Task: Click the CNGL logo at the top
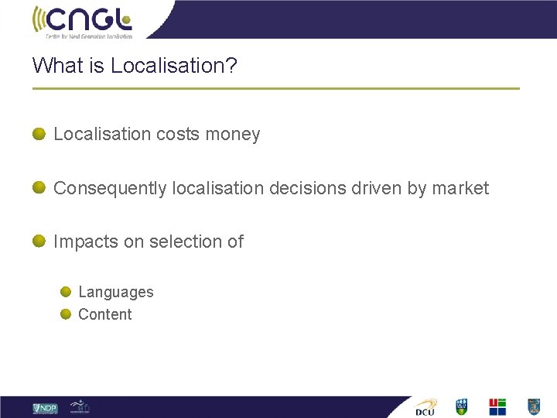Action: tap(82, 21)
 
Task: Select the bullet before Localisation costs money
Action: tap(39, 133)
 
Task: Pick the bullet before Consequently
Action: tap(39, 187)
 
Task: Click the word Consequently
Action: tap(110, 189)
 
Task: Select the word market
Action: tap(460, 188)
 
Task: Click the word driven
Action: tap(374, 188)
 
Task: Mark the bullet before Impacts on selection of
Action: tap(39, 241)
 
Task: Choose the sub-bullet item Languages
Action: tap(116, 293)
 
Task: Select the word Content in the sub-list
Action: tap(105, 314)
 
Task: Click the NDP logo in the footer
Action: tap(45, 408)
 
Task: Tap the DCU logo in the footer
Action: tap(425, 407)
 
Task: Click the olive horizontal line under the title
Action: tap(275, 88)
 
